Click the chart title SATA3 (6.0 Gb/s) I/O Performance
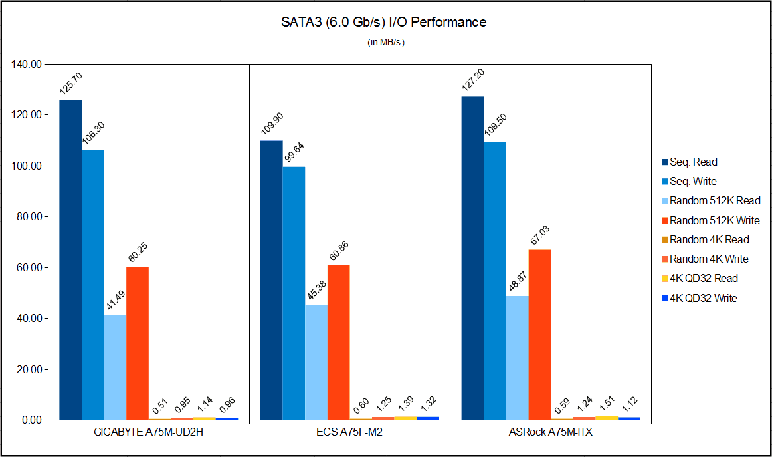[x=383, y=22]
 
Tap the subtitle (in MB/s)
[x=386, y=43]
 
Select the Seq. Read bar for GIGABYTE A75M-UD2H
[x=70, y=259]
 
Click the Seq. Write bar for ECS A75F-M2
[x=294, y=293]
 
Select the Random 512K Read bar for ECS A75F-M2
[x=316, y=362]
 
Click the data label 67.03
[x=540, y=233]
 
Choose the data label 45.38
[x=316, y=289]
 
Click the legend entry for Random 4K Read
[x=709, y=239]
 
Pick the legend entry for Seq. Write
[x=693, y=181]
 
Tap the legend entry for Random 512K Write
[x=714, y=220]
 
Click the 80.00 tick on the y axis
[x=27, y=217]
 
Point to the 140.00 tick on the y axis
[x=27, y=65]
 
